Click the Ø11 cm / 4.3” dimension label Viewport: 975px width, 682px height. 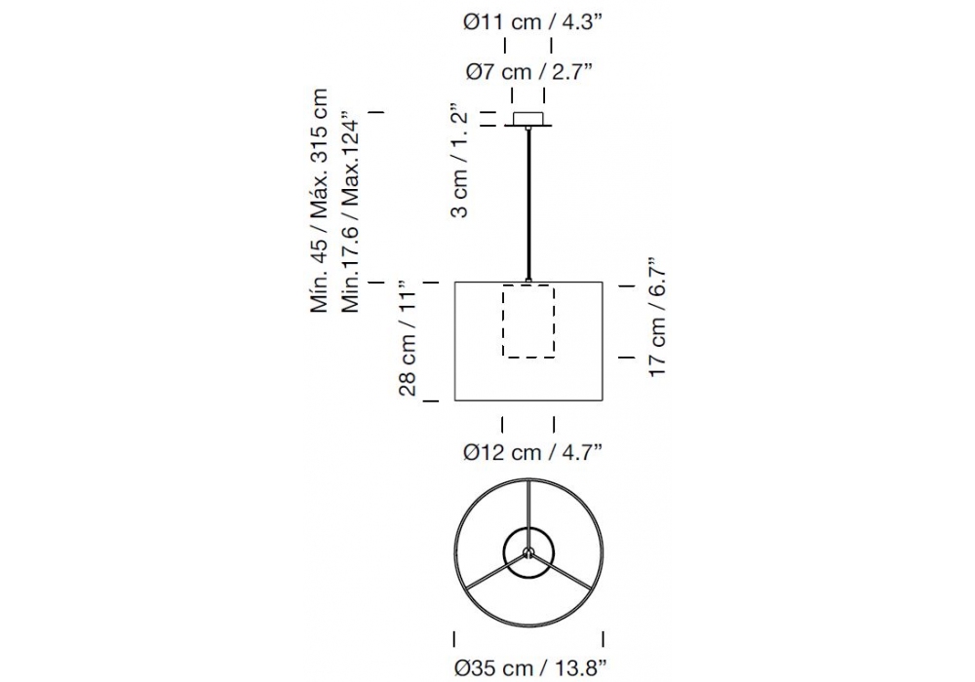click(x=533, y=21)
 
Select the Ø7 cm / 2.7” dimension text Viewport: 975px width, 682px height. click(x=528, y=71)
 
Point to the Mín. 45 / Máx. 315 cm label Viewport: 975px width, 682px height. click(x=319, y=201)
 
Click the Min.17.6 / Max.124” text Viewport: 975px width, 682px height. click(x=350, y=211)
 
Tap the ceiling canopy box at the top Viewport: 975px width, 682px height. click(x=527, y=119)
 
